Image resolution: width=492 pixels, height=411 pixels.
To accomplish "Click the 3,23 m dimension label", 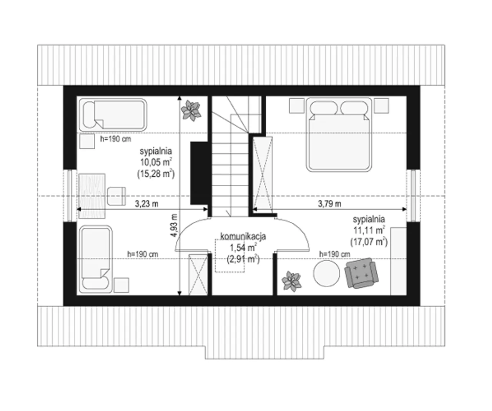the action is pyautogui.click(x=146, y=204).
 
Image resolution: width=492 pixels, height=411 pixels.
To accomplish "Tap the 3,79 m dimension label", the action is pyautogui.click(x=329, y=204).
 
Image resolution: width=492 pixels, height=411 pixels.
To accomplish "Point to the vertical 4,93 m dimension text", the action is pyautogui.click(x=174, y=225).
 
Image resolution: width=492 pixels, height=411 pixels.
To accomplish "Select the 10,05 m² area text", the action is pyautogui.click(x=156, y=162).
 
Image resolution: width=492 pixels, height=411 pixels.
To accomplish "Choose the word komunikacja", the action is pyautogui.click(x=243, y=236).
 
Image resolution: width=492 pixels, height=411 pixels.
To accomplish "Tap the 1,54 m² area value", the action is pyautogui.click(x=243, y=248).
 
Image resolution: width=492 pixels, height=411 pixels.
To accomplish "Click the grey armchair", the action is pyautogui.click(x=361, y=273).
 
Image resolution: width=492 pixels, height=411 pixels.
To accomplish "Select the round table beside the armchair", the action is pyautogui.click(x=326, y=273).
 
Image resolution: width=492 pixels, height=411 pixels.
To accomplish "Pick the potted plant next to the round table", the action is pyautogui.click(x=292, y=281).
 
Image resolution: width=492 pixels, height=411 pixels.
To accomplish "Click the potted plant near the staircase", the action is pyautogui.click(x=191, y=111).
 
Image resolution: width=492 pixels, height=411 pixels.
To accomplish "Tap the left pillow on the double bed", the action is pyautogui.click(x=324, y=108).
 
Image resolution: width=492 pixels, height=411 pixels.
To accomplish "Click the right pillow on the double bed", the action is pyautogui.click(x=354, y=108).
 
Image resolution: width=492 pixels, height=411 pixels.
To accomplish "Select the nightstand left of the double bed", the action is pyautogui.click(x=297, y=106).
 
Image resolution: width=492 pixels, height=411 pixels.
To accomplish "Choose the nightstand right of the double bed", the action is pyautogui.click(x=381, y=106).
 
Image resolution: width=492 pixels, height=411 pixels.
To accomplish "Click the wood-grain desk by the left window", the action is pyautogui.click(x=92, y=196).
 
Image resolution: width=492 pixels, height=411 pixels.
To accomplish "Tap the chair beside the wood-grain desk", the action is pyautogui.click(x=116, y=196).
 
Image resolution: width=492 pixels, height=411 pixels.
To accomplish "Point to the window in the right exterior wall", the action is pyautogui.click(x=413, y=196).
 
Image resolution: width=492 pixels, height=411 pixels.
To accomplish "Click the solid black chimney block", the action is pyautogui.click(x=199, y=173).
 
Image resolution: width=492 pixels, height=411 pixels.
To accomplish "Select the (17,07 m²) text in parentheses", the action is pyautogui.click(x=369, y=242).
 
